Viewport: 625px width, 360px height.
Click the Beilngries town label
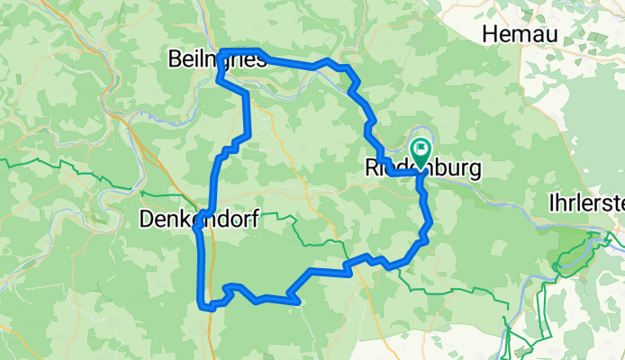pyautogui.click(x=217, y=60)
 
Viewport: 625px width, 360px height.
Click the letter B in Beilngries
pyautogui.click(x=176, y=60)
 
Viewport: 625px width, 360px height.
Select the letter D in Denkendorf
pyautogui.click(x=148, y=218)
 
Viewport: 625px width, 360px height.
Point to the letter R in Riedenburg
pyautogui.click(x=373, y=168)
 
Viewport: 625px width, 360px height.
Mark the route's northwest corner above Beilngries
pyautogui.click(x=222, y=51)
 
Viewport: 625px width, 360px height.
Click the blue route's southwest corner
pyautogui.click(x=201, y=306)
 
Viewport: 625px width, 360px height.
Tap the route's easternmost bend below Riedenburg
pyautogui.click(x=430, y=221)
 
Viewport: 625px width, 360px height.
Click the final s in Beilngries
pyautogui.click(x=261, y=60)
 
